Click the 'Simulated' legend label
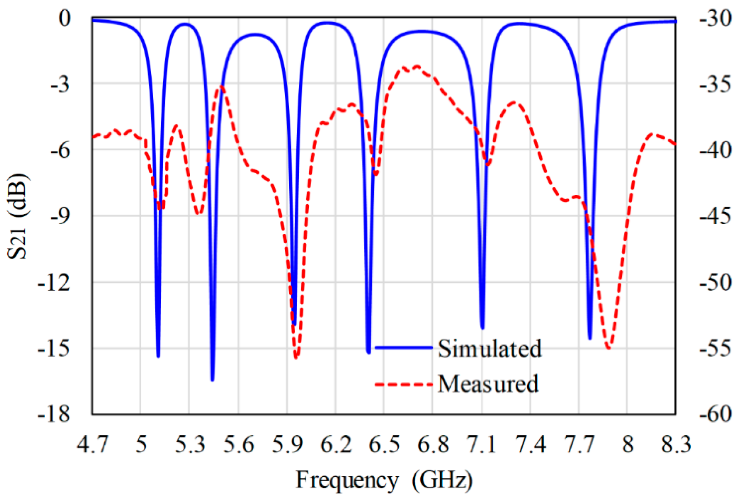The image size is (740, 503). [x=489, y=349]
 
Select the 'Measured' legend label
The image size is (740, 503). [x=488, y=384]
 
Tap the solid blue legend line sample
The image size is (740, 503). [x=404, y=347]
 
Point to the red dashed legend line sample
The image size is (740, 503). [x=404, y=385]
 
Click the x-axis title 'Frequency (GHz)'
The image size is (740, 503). [x=384, y=480]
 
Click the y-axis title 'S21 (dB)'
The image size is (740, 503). [x=18, y=216]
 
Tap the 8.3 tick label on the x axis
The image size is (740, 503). [x=676, y=444]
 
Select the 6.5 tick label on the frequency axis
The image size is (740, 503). [x=384, y=444]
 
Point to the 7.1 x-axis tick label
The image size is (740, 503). [x=482, y=444]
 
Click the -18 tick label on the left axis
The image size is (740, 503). [x=54, y=414]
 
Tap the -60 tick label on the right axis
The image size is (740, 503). [x=715, y=414]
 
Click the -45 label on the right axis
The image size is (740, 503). [x=715, y=216]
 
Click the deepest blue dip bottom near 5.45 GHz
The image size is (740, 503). [x=212, y=380]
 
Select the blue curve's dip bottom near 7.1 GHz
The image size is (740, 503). [x=482, y=328]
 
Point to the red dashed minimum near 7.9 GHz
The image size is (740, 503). [x=608, y=347]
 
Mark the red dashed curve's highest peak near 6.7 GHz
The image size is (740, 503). [x=417, y=67]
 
